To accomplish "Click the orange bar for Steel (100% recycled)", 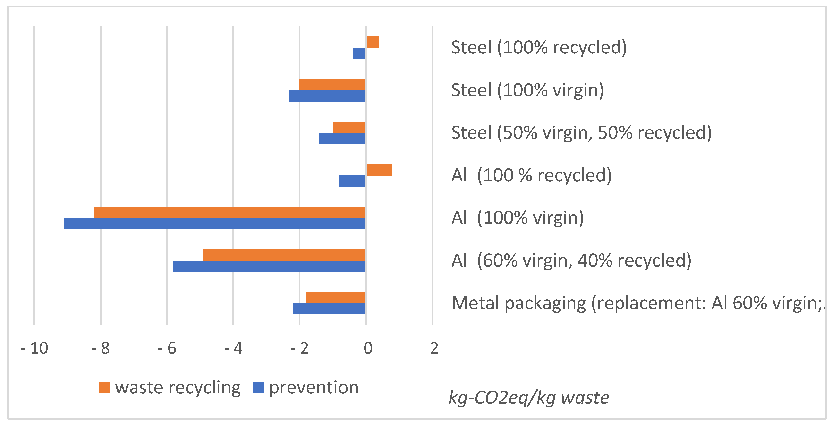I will [x=373, y=42].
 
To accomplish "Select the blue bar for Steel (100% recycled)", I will [x=359, y=53].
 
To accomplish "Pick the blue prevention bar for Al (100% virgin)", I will [x=214, y=224].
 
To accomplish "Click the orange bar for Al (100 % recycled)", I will [x=379, y=170].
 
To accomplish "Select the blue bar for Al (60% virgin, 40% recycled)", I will [x=269, y=266].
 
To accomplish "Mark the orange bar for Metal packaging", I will [x=336, y=297].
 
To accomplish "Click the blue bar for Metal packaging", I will [x=329, y=309].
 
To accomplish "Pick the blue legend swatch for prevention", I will [x=258, y=388].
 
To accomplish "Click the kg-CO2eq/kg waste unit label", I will [x=529, y=398].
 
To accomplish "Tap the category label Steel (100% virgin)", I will [x=527, y=90].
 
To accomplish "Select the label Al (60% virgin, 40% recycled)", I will [x=571, y=261].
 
